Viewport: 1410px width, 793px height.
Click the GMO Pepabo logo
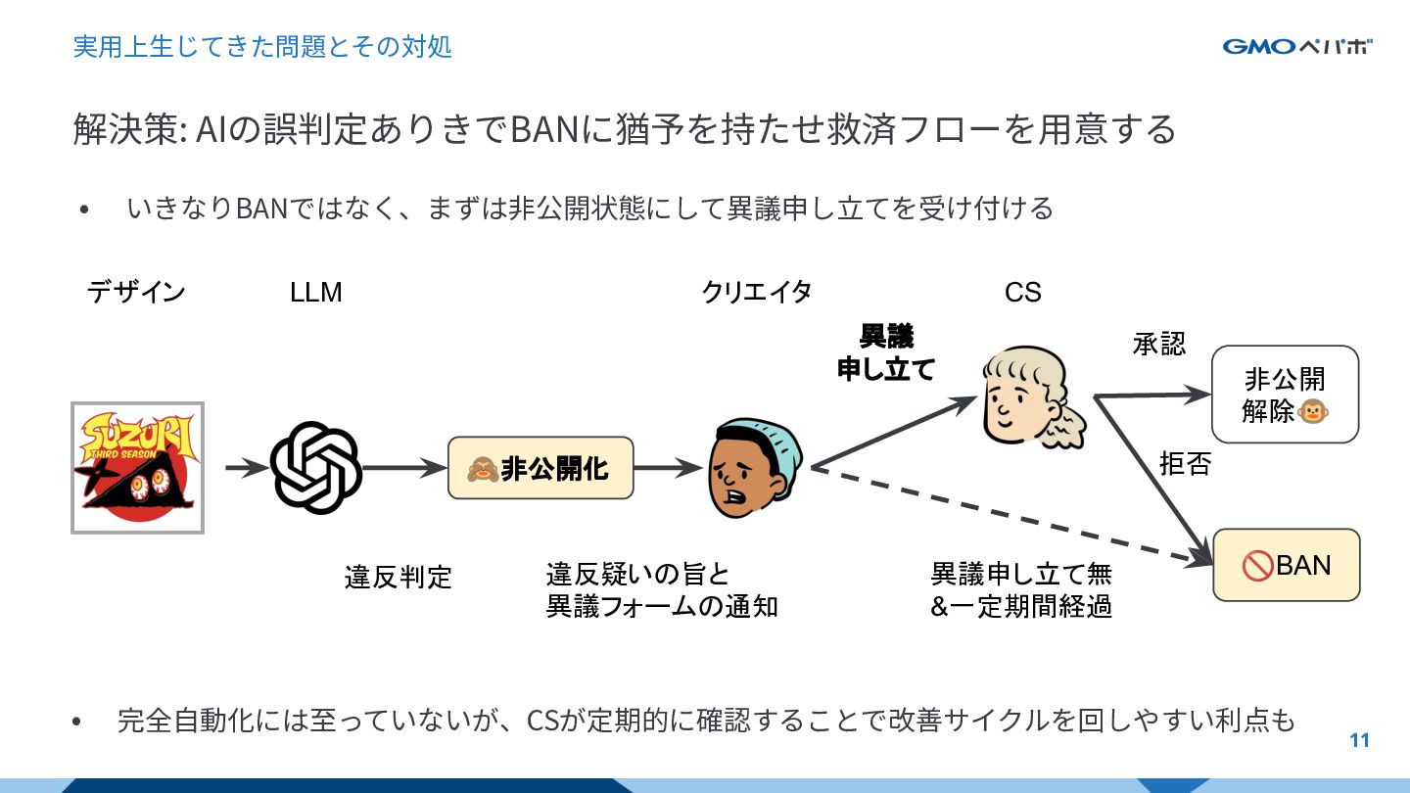point(1296,47)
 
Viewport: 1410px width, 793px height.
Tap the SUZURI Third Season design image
point(137,468)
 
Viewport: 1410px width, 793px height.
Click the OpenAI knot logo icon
point(316,468)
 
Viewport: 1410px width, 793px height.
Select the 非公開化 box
point(540,468)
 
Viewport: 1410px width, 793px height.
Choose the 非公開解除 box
point(1285,395)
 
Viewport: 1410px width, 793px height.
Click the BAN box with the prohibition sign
point(1286,565)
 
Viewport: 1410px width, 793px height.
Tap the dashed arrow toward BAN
point(1009,517)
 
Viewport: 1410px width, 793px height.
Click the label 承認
point(1158,344)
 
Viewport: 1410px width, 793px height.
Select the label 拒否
point(1185,463)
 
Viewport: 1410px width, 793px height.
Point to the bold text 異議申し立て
point(886,352)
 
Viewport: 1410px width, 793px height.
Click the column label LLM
point(315,292)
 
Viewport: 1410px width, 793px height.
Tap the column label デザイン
point(136,292)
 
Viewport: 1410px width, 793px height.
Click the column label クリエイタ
point(756,292)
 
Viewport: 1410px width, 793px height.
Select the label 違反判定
point(398,577)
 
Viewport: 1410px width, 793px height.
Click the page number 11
point(1359,741)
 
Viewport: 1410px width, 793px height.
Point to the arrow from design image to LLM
point(246,468)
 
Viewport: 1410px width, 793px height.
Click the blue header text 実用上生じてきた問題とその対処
point(262,46)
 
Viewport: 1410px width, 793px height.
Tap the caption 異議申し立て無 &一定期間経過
point(1020,589)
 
